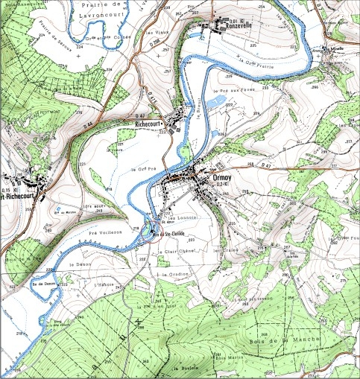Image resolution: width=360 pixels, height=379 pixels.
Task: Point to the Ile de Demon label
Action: [x=44, y=284]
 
